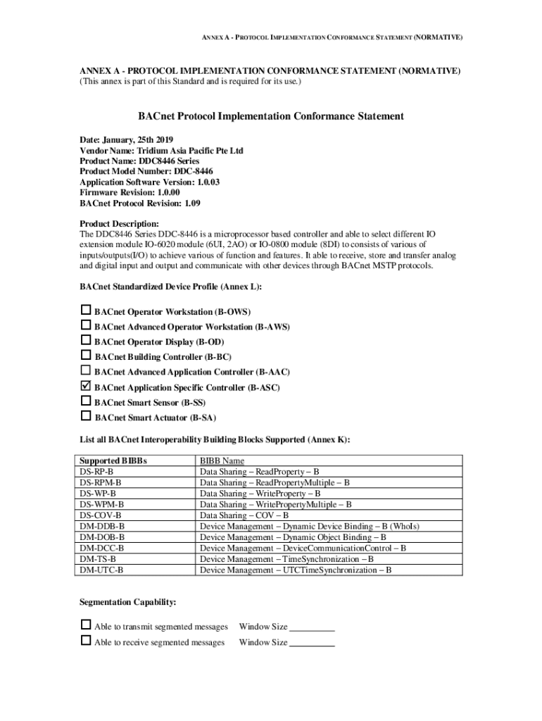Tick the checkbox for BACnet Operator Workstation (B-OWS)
coord(86,311)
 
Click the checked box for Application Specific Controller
coord(86,387)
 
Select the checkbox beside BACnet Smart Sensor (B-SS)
coord(86,401)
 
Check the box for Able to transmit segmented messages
coord(86,625)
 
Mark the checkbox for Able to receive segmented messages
coord(86,641)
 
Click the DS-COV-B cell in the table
coord(96,515)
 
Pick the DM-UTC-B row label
coord(101,570)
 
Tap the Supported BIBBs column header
coord(113,460)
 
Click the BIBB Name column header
coord(222,460)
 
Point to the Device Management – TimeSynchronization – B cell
coord(286,559)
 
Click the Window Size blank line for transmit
coord(312,628)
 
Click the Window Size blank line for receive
coord(312,644)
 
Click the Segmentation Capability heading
coord(127,603)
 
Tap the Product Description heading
coord(119,223)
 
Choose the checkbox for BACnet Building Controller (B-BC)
coord(86,356)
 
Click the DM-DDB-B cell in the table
coord(102,526)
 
